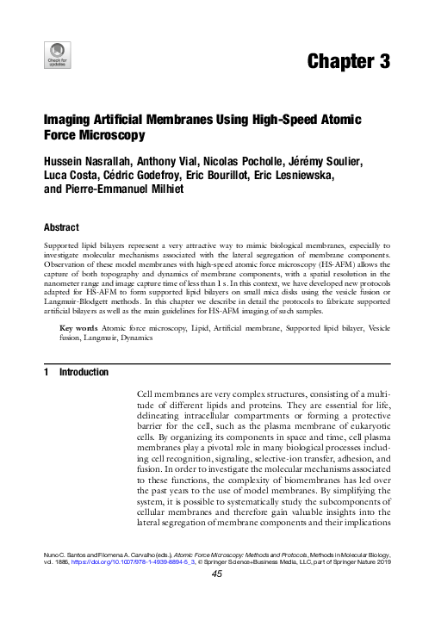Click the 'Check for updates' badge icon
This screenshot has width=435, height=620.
[x=57, y=54]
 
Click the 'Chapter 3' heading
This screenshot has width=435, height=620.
[x=347, y=61]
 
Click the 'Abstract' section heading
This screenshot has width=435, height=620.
[x=61, y=227]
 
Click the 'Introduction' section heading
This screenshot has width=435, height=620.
[x=84, y=372]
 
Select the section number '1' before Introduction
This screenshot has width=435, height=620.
[x=46, y=372]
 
